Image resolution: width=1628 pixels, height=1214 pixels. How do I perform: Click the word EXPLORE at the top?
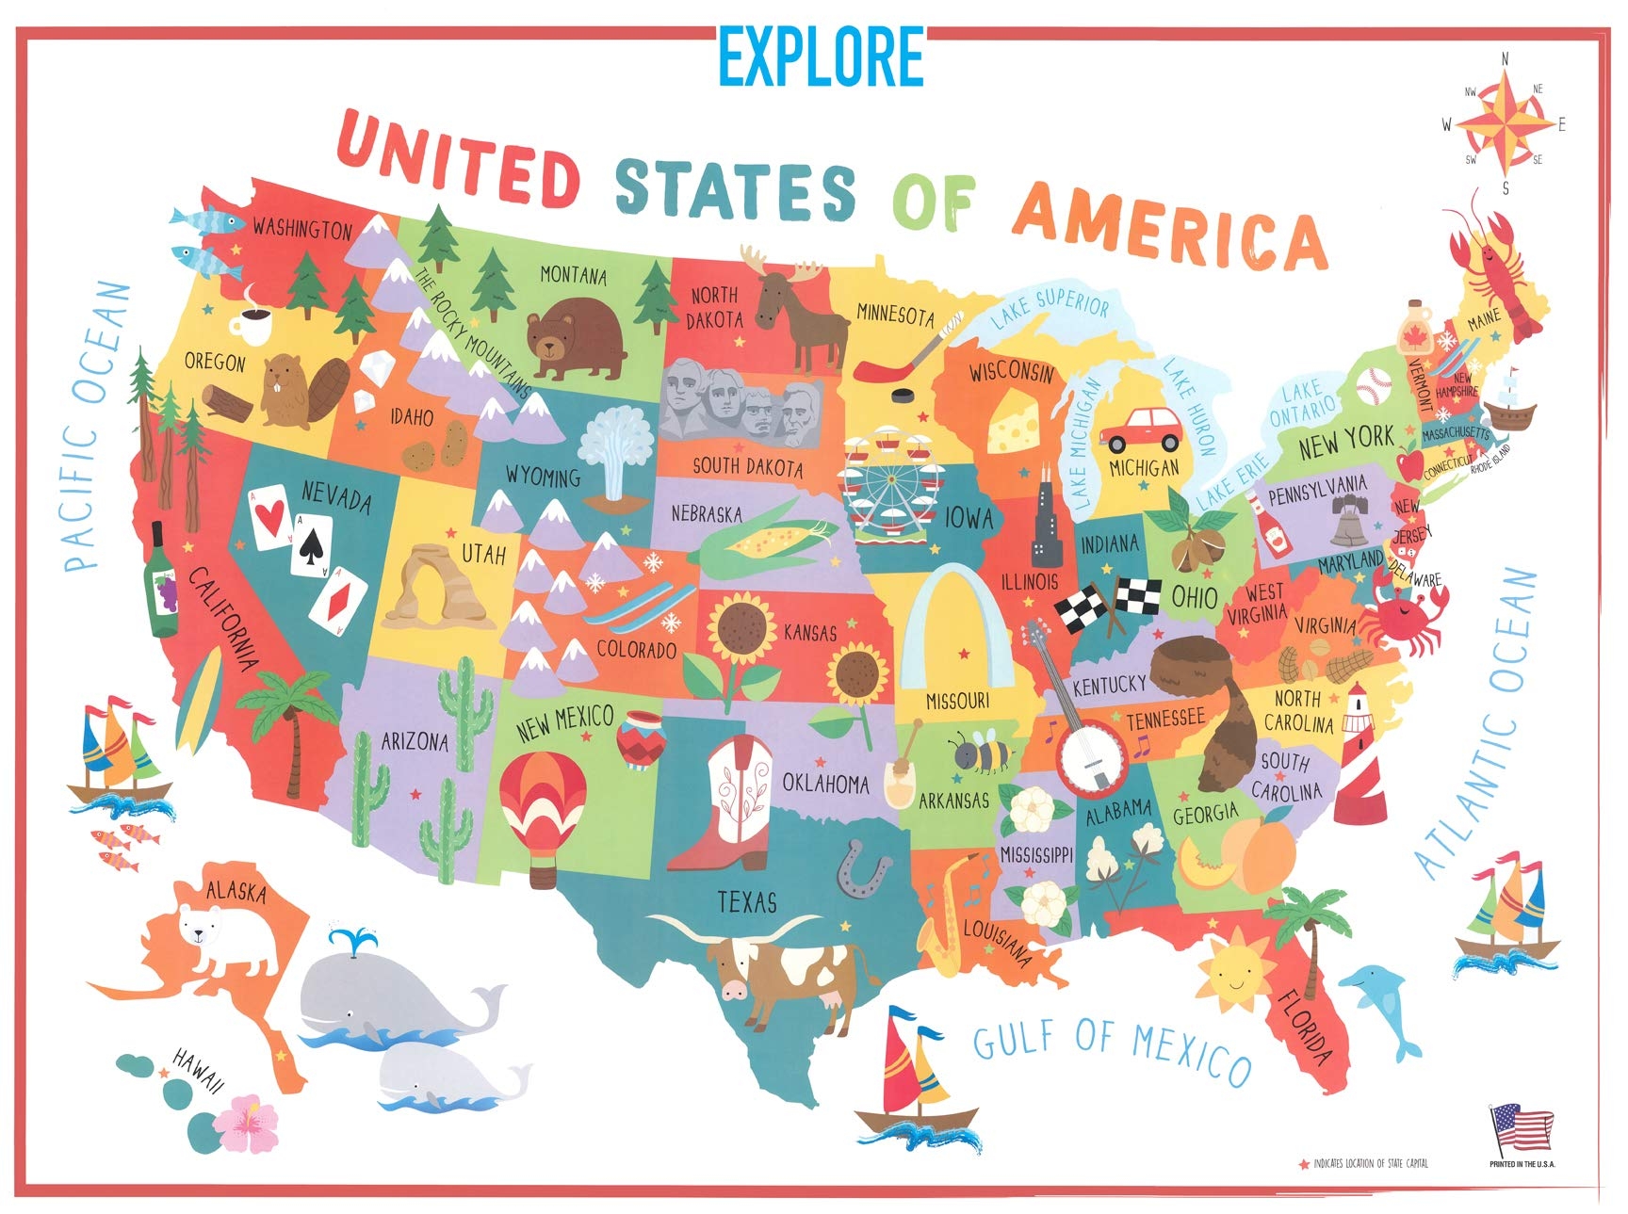coord(820,57)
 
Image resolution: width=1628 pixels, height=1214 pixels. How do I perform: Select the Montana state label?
coord(573,275)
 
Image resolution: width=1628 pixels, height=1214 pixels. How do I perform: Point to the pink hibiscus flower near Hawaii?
coord(247,1122)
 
